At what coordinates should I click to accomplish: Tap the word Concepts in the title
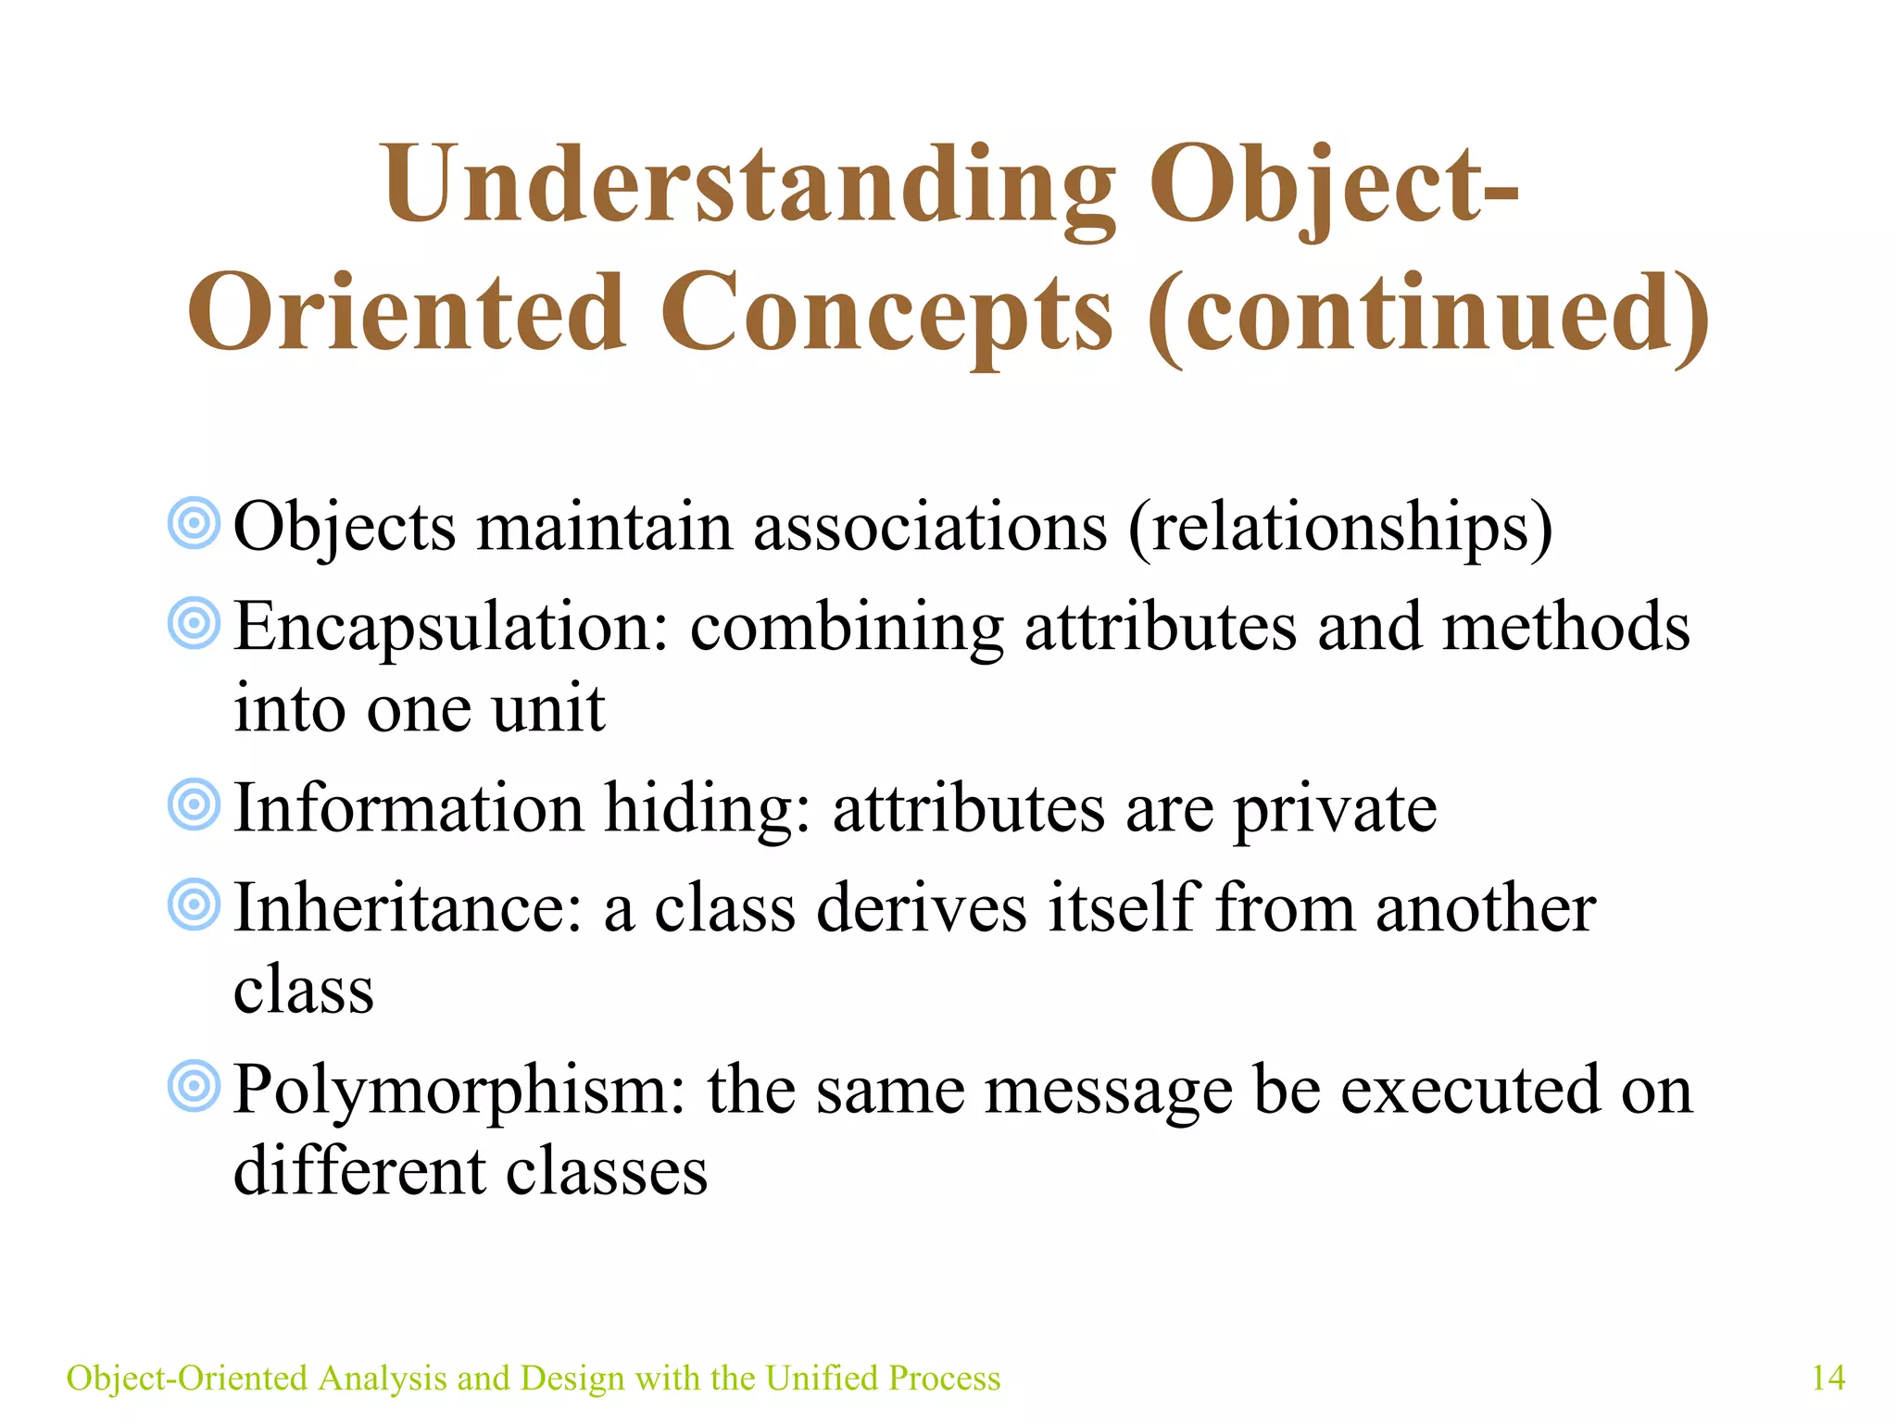coord(886,315)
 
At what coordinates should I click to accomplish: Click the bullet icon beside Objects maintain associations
coord(194,523)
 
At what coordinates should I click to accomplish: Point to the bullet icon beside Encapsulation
coord(194,623)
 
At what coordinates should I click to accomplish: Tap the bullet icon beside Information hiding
coord(194,805)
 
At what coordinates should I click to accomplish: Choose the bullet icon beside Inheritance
coord(194,904)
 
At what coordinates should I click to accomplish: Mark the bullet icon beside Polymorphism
coord(194,1086)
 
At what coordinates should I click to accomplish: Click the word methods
coord(1565,628)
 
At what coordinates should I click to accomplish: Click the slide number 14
coord(1828,1378)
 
